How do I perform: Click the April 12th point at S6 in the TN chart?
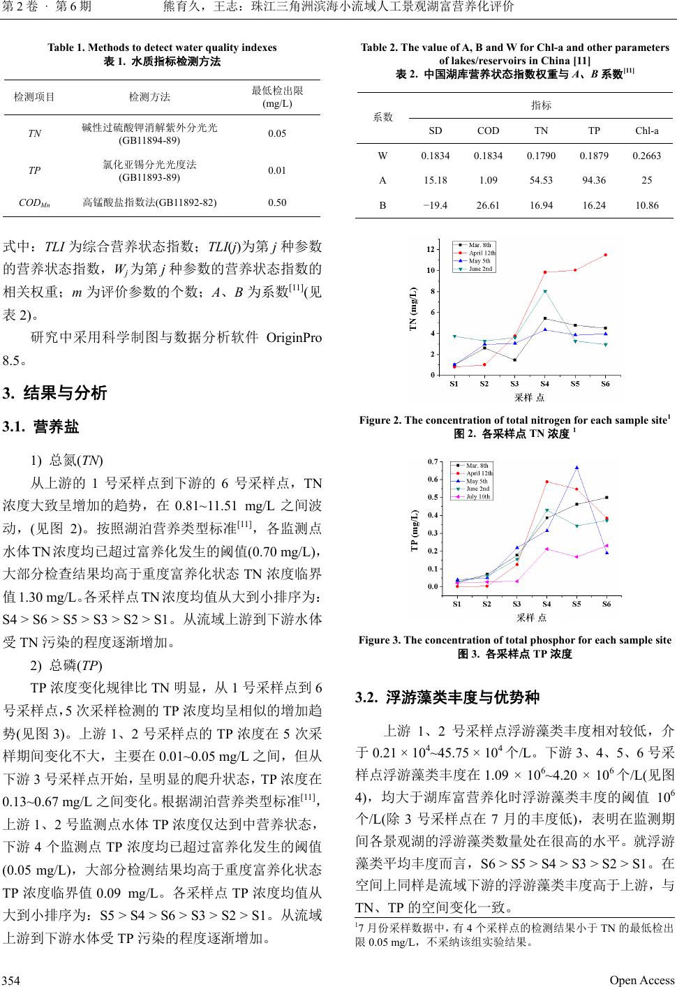605,255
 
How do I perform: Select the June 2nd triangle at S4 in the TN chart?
544,292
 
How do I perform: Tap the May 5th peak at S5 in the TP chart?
576,468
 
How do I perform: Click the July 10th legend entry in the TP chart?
478,496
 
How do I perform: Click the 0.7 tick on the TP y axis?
432,462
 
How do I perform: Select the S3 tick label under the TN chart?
514,383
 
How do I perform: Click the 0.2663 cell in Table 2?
646,155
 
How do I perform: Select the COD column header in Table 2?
488,131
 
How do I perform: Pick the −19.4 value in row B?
435,205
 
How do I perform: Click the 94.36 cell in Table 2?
594,180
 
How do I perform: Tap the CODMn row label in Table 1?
34,203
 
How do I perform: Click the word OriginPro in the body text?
294,339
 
